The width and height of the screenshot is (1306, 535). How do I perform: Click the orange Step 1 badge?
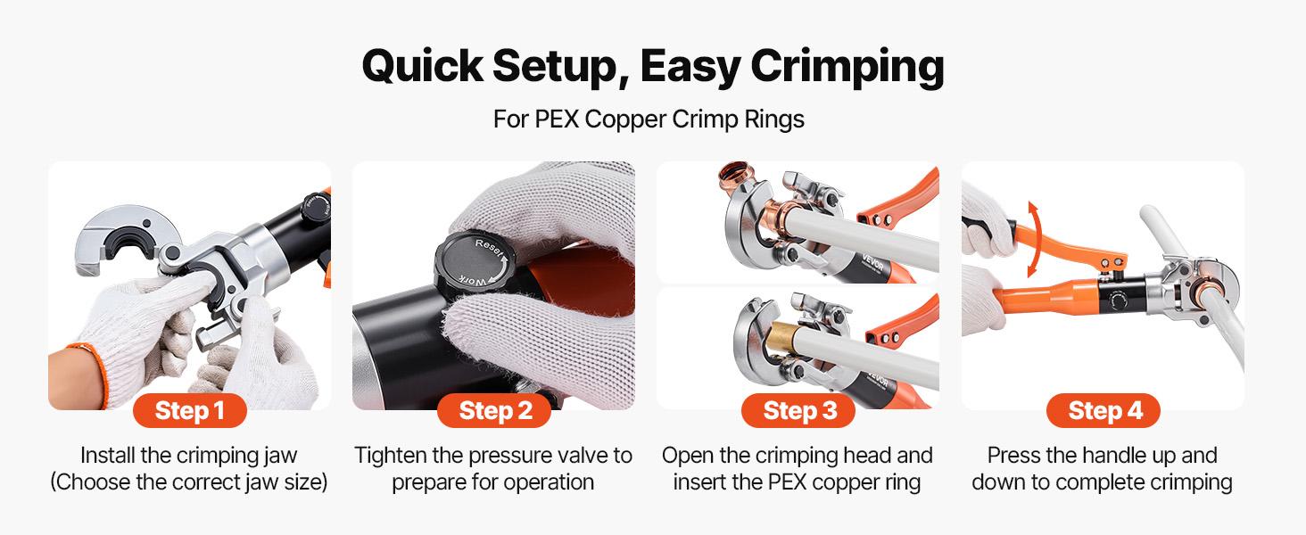coord(189,410)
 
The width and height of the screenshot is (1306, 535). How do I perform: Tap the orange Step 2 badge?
coord(494,410)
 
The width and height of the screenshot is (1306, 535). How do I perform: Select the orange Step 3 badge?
coord(798,410)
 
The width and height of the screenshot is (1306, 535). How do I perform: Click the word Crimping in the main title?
coord(847,65)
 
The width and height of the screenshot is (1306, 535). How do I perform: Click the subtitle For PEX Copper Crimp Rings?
coord(649,119)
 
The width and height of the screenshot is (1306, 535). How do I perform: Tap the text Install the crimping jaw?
coord(189,456)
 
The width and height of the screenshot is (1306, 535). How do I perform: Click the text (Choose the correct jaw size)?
coord(189,482)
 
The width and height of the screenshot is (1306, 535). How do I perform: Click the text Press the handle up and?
coord(1103,456)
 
